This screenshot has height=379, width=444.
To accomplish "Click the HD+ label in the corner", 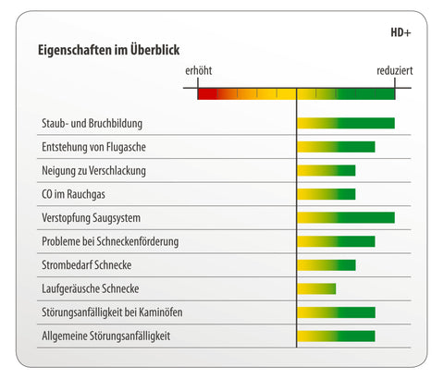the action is click(x=401, y=32).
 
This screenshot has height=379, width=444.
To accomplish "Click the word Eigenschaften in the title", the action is click(x=75, y=50).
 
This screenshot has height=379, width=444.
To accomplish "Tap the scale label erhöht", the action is click(x=198, y=70).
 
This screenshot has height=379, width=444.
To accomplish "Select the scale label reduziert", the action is click(x=394, y=70).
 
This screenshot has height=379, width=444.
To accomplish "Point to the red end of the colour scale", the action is click(x=207, y=94).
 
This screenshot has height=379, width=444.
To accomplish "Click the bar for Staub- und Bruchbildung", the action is click(x=346, y=123).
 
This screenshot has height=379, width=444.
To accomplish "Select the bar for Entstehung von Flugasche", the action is click(x=336, y=147).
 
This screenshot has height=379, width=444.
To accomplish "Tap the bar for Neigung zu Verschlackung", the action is click(x=327, y=170).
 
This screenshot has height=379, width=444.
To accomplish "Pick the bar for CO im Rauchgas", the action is click(x=327, y=194).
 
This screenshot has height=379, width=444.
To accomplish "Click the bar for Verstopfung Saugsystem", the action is click(x=346, y=217).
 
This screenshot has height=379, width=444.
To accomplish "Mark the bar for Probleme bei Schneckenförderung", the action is click(x=336, y=241).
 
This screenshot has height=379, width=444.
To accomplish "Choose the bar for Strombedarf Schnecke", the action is click(x=327, y=265).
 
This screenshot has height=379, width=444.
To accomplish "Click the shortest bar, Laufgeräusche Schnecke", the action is click(x=316, y=288).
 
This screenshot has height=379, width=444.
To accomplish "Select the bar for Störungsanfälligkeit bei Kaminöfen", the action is click(x=337, y=312).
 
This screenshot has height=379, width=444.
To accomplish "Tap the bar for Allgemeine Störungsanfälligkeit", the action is click(x=336, y=336).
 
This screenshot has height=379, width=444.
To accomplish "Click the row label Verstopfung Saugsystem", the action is click(x=91, y=218).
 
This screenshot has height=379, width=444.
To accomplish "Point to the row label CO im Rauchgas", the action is click(x=73, y=194).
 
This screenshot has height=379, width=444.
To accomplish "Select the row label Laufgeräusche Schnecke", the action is click(x=91, y=289).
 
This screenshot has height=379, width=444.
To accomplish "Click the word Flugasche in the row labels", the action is click(x=126, y=147).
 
